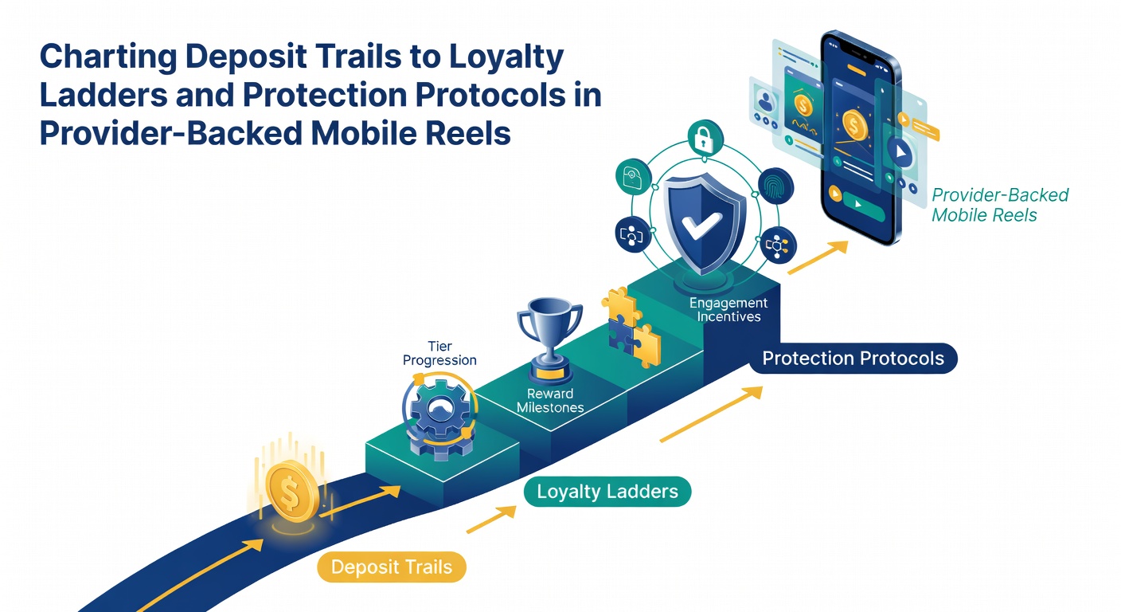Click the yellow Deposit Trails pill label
[392, 567]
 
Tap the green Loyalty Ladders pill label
[607, 492]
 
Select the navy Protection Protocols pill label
[853, 358]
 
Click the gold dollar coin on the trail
[291, 492]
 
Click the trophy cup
[549, 338]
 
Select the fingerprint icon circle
[775, 186]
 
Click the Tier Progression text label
[440, 353]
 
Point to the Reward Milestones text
[550, 401]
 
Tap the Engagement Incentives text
[728, 309]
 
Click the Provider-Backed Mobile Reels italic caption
[1000, 205]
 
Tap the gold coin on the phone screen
[854, 125]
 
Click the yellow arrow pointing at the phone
[818, 257]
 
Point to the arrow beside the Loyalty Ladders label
[491, 519]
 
